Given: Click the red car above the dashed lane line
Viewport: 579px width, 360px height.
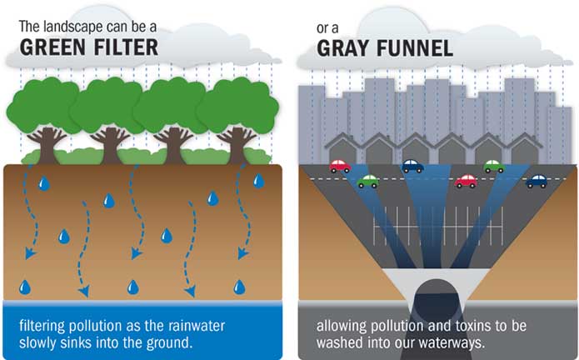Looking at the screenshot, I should coord(340,167).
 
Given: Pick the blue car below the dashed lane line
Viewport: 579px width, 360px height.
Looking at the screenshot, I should coord(537,181).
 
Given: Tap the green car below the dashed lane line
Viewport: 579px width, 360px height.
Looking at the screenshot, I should coord(367,181).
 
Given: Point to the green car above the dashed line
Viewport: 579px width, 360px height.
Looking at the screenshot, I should coord(494,167).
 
